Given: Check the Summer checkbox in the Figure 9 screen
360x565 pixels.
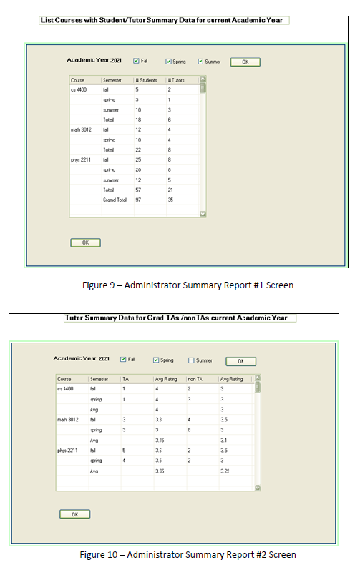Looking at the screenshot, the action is pyautogui.click(x=201, y=62).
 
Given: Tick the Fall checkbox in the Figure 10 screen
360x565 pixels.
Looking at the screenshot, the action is pyautogui.click(x=123, y=359).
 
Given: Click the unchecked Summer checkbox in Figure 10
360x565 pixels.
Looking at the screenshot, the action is pyautogui.click(x=191, y=360).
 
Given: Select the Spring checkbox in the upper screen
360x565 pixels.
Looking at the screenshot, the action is pyautogui.click(x=168, y=62).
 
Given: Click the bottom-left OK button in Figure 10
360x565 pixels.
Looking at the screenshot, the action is pyautogui.click(x=74, y=514).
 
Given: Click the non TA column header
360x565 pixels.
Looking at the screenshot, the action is pyautogui.click(x=196, y=378).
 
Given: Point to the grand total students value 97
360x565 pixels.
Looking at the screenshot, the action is pyautogui.click(x=140, y=200).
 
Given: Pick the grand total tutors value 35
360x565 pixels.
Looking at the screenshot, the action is pyautogui.click(x=171, y=200).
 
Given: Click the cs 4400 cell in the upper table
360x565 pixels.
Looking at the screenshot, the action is pyautogui.click(x=80, y=89).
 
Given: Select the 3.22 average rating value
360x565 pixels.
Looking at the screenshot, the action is pyautogui.click(x=225, y=471).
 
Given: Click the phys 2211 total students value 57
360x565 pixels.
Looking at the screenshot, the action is pyautogui.click(x=140, y=190).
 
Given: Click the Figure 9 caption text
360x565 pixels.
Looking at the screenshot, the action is pyautogui.click(x=188, y=285).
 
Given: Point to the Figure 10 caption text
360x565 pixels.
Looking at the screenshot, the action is pyautogui.click(x=188, y=554).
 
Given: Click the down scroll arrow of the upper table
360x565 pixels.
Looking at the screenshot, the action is pyautogui.click(x=203, y=213).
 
